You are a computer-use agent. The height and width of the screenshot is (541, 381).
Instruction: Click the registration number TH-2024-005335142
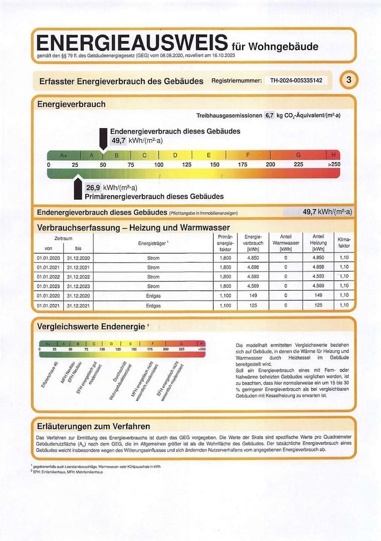click(x=296, y=80)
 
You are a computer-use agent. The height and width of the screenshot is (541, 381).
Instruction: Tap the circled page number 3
click(x=349, y=80)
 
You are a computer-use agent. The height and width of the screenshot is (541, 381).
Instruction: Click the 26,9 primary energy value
click(x=93, y=188)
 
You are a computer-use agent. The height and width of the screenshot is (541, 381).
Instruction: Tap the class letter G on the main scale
click(x=298, y=155)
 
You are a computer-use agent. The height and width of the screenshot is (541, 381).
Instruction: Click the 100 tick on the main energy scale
click(x=159, y=165)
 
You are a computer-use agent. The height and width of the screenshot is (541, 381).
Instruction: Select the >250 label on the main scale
click(x=334, y=165)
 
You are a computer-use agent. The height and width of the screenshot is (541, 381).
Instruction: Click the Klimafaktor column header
click(x=344, y=243)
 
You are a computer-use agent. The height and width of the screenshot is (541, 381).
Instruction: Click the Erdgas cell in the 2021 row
click(x=153, y=305)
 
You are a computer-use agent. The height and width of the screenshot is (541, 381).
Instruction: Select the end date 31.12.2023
click(x=78, y=286)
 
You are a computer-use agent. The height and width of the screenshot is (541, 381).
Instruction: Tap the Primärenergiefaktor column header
click(x=226, y=243)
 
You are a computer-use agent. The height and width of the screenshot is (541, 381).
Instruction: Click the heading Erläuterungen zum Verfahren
click(x=94, y=426)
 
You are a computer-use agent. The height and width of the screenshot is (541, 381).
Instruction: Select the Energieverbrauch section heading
click(x=71, y=104)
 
